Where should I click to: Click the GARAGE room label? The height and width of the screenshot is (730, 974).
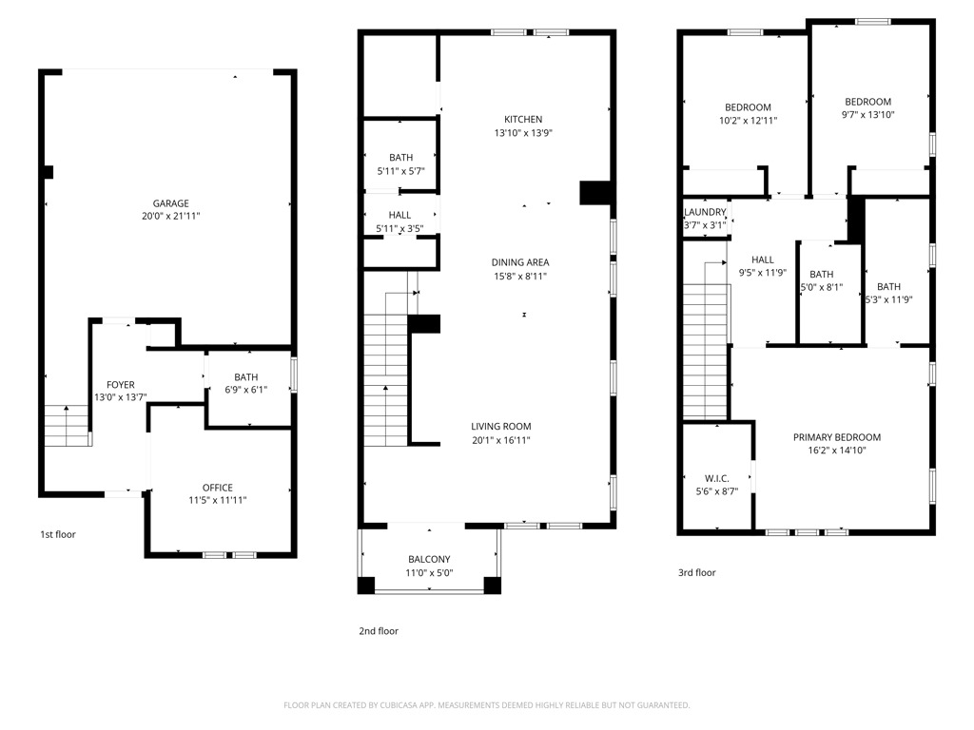[171, 202]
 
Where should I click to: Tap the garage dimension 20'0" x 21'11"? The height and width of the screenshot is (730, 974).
[171, 217]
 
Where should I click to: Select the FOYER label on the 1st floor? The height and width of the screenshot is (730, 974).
[120, 385]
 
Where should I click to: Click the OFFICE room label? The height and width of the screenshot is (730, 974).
[217, 488]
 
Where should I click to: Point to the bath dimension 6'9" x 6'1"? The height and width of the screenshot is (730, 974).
[245, 390]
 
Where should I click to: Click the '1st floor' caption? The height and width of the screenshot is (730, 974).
[57, 534]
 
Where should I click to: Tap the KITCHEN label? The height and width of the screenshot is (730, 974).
[523, 119]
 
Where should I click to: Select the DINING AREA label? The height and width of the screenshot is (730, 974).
[519, 262]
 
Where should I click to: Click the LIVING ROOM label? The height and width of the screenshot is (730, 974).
[500, 426]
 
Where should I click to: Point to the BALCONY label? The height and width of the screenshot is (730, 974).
[429, 559]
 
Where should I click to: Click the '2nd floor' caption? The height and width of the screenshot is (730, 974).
[379, 630]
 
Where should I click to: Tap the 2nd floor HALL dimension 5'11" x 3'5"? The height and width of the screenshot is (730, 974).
[400, 229]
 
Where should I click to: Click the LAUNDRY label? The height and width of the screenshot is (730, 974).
[705, 212]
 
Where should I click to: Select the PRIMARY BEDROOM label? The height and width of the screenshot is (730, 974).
[837, 437]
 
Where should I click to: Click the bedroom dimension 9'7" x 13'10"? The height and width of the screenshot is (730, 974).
[867, 115]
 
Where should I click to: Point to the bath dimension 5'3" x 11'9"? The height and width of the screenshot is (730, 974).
[888, 300]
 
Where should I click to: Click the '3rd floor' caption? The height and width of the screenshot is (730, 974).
[696, 572]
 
